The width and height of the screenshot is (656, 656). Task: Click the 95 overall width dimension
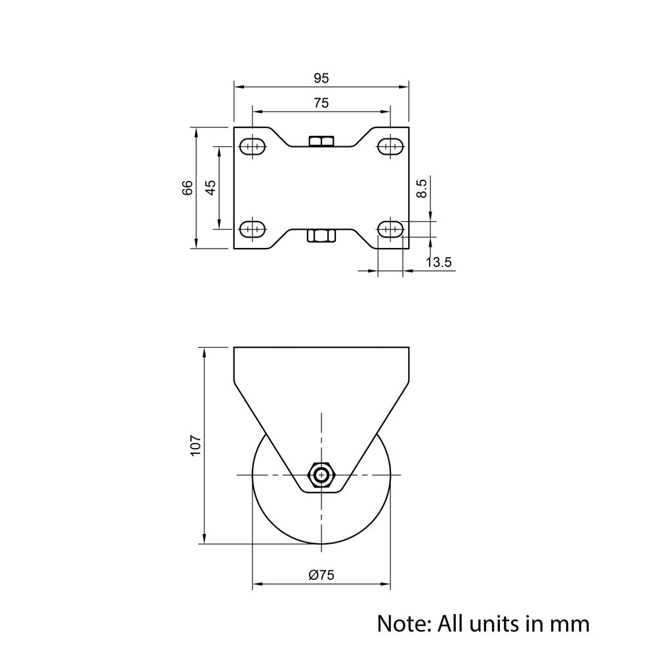(x=321, y=79)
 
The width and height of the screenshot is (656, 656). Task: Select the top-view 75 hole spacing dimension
(x=321, y=103)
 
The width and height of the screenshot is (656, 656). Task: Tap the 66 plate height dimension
(x=188, y=188)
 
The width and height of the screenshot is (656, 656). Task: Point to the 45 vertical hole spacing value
(x=211, y=188)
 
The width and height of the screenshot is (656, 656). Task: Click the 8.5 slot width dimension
(x=422, y=189)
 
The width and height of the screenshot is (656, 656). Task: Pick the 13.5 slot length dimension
(x=439, y=262)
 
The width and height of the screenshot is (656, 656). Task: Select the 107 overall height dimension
(x=196, y=446)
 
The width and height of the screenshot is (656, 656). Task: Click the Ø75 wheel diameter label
(x=321, y=575)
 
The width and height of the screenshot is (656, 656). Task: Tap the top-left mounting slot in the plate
(x=253, y=146)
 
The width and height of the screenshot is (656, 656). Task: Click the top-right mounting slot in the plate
(x=390, y=146)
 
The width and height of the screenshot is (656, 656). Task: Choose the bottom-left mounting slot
(x=253, y=229)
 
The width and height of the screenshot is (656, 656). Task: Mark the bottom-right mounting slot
(x=390, y=229)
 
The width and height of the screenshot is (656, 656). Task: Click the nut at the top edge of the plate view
(x=321, y=141)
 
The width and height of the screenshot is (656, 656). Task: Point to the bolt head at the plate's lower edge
(x=321, y=235)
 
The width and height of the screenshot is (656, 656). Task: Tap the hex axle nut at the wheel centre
(x=321, y=475)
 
